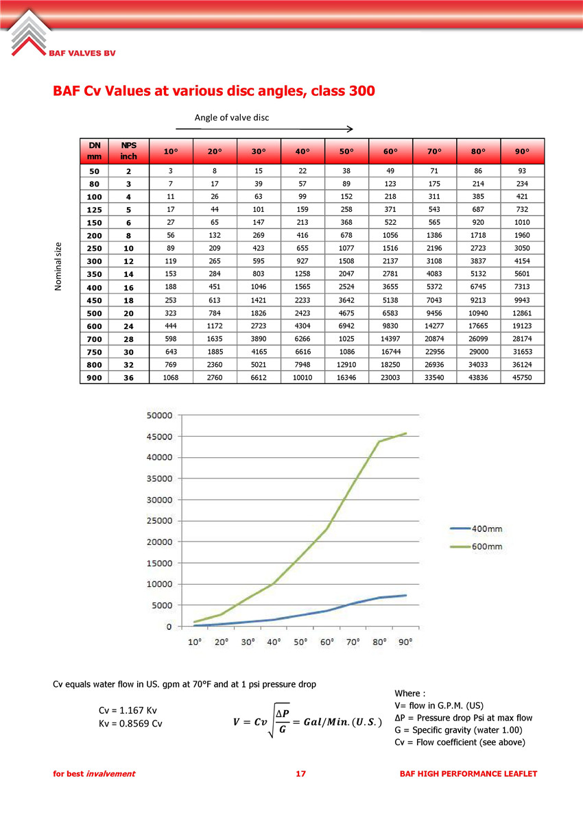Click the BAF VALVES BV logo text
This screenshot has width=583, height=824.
coord(82,53)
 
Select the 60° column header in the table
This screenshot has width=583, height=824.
coord(390,152)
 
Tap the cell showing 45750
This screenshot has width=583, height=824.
coord(522,378)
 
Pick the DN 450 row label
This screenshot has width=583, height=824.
coord(94,300)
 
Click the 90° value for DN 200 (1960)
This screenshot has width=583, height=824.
coord(522,235)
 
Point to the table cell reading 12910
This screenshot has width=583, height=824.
coord(346,365)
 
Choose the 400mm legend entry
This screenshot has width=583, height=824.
coord(476,529)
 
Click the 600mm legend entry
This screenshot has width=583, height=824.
coord(476,546)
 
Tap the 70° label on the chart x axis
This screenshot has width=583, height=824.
coord(353,642)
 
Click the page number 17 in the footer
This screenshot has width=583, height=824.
coord(300,773)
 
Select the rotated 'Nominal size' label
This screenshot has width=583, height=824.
coord(58,267)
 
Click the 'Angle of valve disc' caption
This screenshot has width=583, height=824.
coord(232,118)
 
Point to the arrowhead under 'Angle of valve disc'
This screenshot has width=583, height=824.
coord(350,129)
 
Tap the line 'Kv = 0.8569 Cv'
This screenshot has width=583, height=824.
coord(130,724)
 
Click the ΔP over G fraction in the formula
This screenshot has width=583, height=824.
coord(283,721)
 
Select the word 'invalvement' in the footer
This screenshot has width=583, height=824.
coord(111,773)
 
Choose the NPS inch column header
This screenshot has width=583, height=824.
coord(128,151)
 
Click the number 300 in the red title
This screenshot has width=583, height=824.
coord(361,91)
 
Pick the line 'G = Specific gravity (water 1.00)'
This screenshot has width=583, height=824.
coord(459,730)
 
